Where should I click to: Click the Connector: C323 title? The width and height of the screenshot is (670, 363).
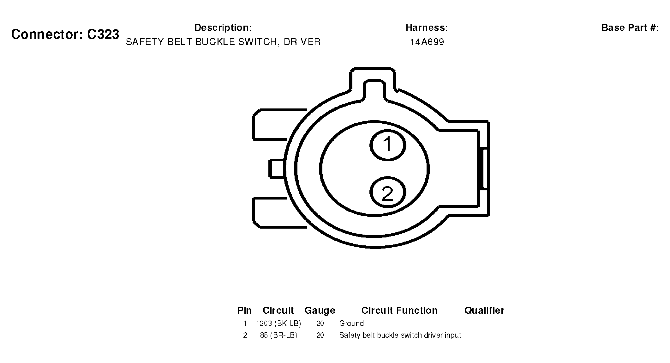(x=65, y=34)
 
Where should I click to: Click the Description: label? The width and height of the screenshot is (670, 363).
(x=223, y=28)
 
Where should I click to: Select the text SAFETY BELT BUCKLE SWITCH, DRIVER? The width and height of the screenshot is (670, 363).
(x=223, y=42)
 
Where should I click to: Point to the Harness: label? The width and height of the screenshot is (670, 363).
(x=427, y=28)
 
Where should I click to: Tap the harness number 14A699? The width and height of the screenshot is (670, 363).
(x=427, y=42)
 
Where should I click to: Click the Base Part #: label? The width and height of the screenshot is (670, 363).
(x=630, y=28)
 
